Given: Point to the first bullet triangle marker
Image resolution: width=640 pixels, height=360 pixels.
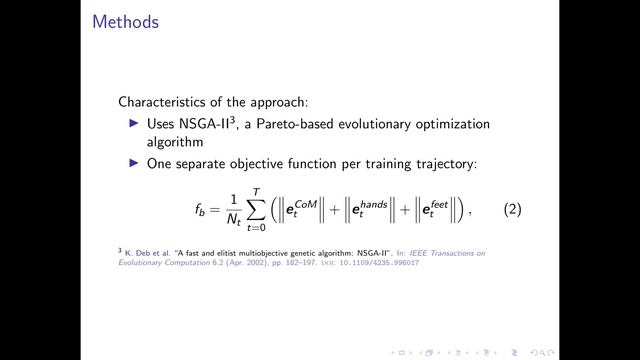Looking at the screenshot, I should coord(137,123).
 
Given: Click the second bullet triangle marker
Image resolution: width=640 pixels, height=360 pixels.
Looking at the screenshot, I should coord(137,165).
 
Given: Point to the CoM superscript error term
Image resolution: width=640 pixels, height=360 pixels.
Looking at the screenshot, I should coord(313,210).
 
